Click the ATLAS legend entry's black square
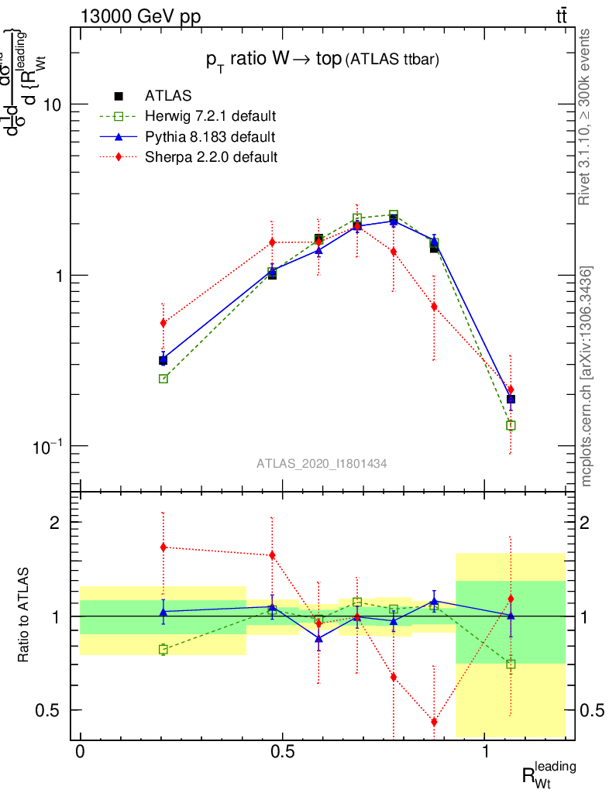coord(119,96)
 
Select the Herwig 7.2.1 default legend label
coord(211,117)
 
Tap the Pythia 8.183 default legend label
coord(210,137)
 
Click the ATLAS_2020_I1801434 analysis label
coord(322,463)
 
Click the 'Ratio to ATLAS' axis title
coord(24,615)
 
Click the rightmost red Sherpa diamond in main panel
coord(511,390)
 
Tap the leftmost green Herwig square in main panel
coord(163,379)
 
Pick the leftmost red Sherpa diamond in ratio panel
coord(163,547)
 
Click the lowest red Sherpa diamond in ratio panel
coord(434,722)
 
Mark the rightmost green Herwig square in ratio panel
coord(511,664)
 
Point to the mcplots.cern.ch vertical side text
coord(587,376)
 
